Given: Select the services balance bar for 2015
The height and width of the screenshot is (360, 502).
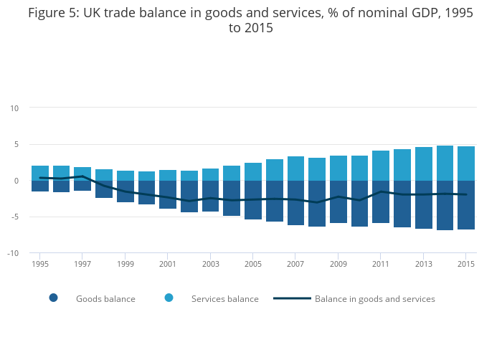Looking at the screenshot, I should [x=466, y=164].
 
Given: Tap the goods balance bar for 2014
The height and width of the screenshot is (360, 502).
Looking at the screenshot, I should [x=445, y=205].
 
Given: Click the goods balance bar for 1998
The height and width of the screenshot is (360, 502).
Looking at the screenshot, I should [x=104, y=189].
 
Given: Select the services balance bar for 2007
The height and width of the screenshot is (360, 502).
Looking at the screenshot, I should [x=295, y=169].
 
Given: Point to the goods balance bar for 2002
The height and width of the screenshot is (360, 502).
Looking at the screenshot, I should [x=189, y=196].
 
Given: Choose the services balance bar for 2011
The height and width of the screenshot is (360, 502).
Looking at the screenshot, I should [x=381, y=166].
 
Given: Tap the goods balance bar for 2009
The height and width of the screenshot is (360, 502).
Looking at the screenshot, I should [x=338, y=202].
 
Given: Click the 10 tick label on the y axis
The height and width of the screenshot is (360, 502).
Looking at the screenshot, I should [x=14, y=108].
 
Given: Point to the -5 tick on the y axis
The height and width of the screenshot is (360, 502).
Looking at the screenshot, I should [x=14, y=217].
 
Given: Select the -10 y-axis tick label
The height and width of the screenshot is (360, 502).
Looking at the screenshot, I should [x=12, y=253].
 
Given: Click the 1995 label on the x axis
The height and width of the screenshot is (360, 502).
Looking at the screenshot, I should [x=39, y=264].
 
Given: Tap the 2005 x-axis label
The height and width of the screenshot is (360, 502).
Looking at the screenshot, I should [x=253, y=264].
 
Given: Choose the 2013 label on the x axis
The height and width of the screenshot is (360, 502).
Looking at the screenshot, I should [x=424, y=264].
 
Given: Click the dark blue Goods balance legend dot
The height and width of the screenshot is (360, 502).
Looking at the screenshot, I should [x=53, y=298].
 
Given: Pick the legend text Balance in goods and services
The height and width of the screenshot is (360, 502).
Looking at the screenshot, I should [x=374, y=298].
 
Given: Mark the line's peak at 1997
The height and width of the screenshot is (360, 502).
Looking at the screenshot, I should [x=82, y=176].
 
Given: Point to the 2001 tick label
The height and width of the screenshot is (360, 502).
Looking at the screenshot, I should [x=168, y=264].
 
